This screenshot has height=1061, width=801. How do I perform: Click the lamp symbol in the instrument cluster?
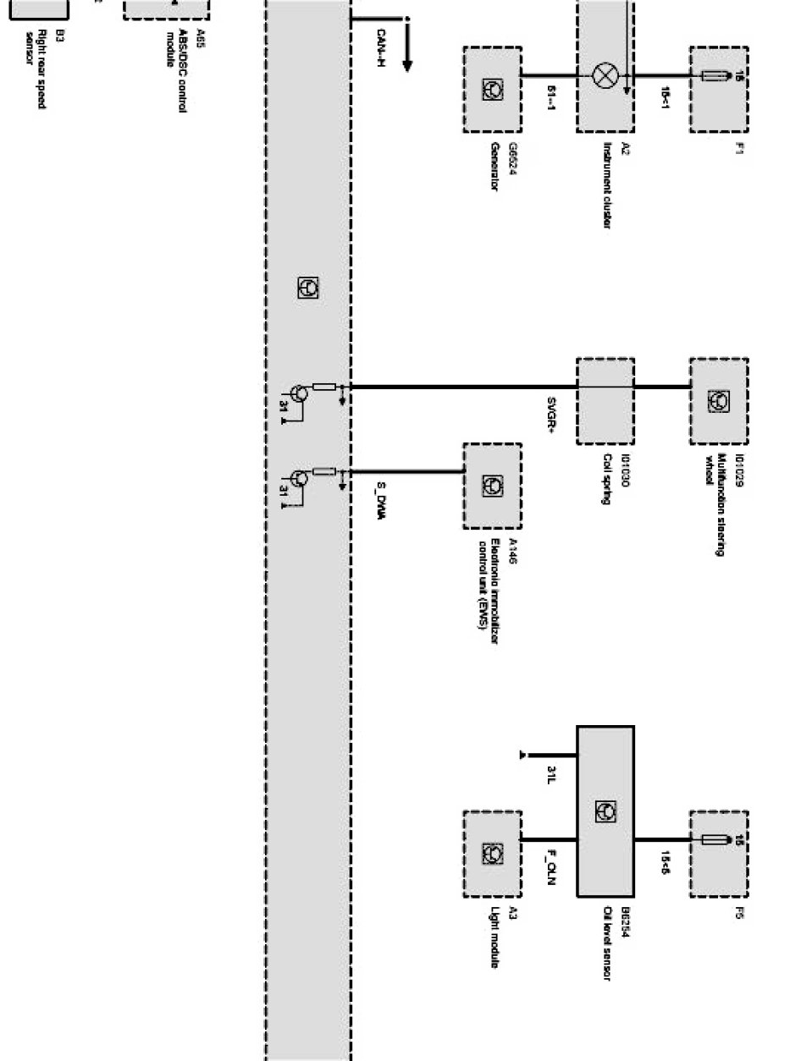(x=605, y=76)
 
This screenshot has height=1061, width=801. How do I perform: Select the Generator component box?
(x=492, y=89)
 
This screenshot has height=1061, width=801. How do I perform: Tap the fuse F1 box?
(x=718, y=89)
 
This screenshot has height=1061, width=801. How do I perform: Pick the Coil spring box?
(x=605, y=400)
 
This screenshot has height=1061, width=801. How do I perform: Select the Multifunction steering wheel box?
(x=718, y=400)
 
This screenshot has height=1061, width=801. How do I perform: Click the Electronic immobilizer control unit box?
(x=492, y=485)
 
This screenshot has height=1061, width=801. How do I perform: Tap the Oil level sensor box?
(x=605, y=811)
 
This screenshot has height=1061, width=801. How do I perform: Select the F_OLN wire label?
(x=551, y=867)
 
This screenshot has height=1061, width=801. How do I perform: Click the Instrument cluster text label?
(x=608, y=184)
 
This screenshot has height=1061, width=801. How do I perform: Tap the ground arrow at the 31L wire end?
(x=523, y=754)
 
